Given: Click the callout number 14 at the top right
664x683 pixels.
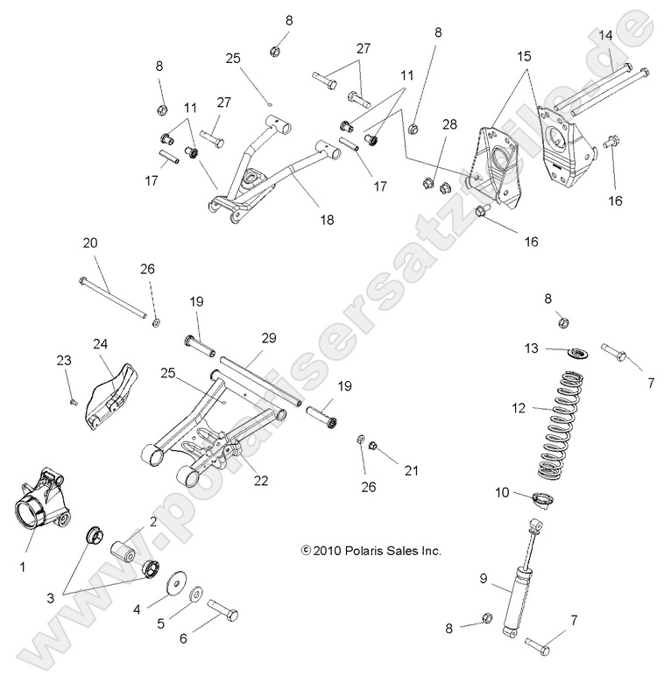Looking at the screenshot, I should [605, 35].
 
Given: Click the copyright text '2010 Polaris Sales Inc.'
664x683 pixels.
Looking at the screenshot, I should [371, 551].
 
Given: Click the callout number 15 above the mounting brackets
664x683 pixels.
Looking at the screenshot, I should [525, 56].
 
